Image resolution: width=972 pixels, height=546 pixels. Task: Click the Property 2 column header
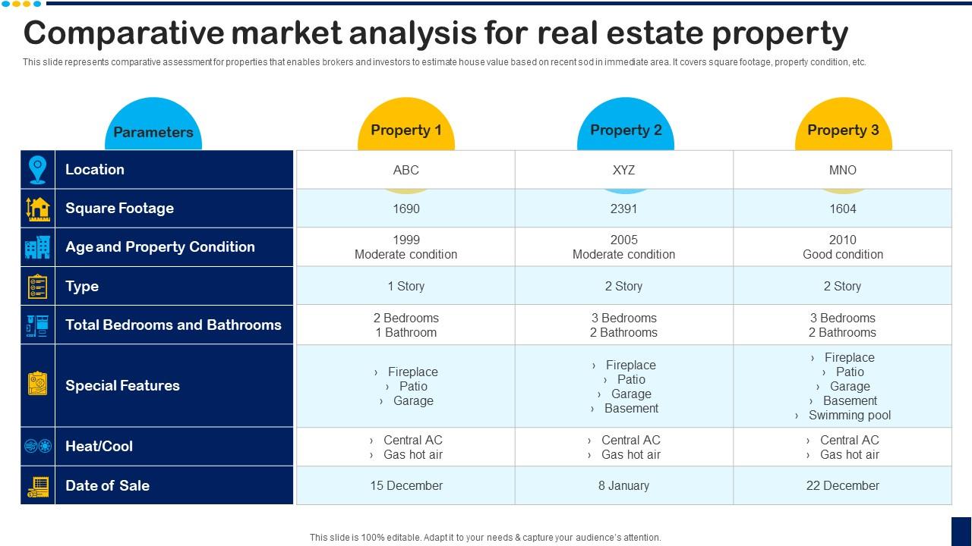(x=625, y=130)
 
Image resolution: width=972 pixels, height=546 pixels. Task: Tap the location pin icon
(x=37, y=170)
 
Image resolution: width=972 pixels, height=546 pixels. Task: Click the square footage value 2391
(x=623, y=209)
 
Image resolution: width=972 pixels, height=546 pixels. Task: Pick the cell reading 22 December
(x=842, y=485)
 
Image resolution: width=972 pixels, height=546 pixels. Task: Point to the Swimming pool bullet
(x=849, y=415)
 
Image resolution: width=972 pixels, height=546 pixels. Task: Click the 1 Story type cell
(x=406, y=286)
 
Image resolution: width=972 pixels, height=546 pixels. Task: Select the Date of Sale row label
(x=107, y=485)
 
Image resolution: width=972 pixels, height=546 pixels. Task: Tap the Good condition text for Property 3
(x=842, y=255)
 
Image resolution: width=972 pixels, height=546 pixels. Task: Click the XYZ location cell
(x=623, y=170)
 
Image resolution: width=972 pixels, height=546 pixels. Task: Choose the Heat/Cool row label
(x=99, y=446)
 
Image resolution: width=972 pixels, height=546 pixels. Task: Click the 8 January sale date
(x=623, y=485)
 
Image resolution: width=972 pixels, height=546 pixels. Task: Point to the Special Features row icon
(x=37, y=384)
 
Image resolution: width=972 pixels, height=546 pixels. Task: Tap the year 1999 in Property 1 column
(x=406, y=240)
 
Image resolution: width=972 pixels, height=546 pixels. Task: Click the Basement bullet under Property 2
(x=631, y=408)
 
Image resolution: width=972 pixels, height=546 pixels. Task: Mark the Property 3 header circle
(x=842, y=130)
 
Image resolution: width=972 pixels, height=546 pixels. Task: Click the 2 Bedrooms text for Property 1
(x=406, y=318)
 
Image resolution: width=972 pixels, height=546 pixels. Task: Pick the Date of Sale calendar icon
(x=37, y=486)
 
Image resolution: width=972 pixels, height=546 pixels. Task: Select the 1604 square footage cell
(x=842, y=209)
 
